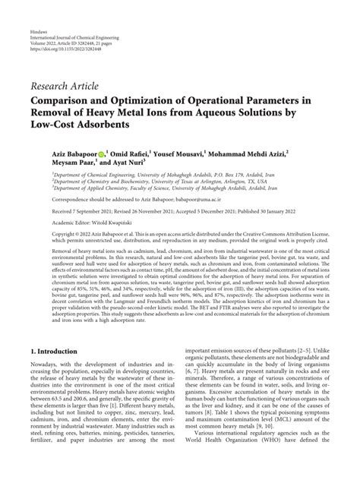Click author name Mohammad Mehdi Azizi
pos(281,152)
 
